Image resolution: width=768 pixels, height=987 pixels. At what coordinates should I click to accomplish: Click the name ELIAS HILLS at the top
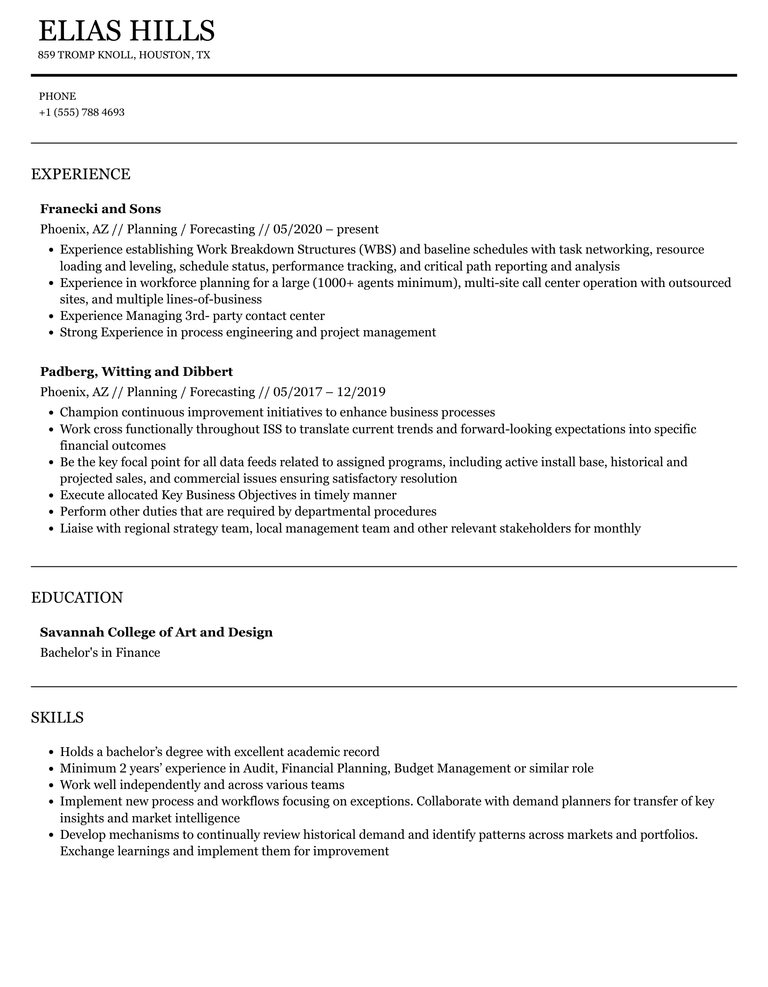pyautogui.click(x=126, y=31)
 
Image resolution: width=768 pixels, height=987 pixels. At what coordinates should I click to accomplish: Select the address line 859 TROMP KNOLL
pyautogui.click(x=124, y=55)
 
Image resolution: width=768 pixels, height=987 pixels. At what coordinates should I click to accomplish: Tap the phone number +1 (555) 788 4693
pyautogui.click(x=81, y=112)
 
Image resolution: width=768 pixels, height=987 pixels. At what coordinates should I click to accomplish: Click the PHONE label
pyautogui.click(x=57, y=96)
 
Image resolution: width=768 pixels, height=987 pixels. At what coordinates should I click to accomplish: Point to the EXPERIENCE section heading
pyautogui.click(x=80, y=174)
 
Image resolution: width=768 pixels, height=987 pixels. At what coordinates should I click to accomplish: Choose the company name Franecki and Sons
pyautogui.click(x=100, y=209)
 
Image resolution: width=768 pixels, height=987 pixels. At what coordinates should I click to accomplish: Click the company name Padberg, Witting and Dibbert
pyautogui.click(x=136, y=372)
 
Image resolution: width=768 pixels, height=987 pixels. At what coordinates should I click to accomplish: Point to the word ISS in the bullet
pyautogui.click(x=273, y=429)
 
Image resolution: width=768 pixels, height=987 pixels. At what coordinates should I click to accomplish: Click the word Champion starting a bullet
pyautogui.click(x=89, y=413)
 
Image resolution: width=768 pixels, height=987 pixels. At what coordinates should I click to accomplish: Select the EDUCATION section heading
pyautogui.click(x=77, y=597)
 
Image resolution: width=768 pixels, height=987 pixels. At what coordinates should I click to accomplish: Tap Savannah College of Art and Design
pyautogui.click(x=156, y=632)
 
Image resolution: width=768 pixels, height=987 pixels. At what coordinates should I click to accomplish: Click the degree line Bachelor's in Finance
pyautogui.click(x=100, y=653)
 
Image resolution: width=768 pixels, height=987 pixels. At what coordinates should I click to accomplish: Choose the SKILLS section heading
pyautogui.click(x=57, y=717)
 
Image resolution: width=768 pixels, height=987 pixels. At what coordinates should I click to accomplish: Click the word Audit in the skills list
pyautogui.click(x=260, y=768)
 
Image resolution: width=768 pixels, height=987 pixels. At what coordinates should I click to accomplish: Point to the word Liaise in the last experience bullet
pyautogui.click(x=76, y=528)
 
